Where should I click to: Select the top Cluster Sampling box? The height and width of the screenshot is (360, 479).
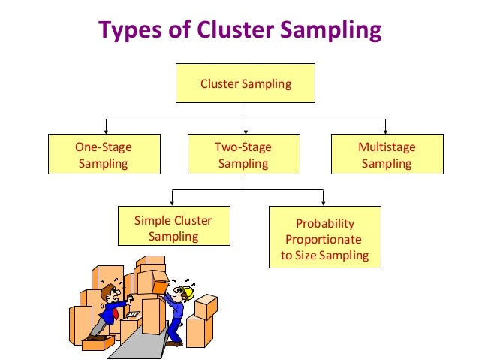(246, 83)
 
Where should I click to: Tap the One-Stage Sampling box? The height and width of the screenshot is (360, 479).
(104, 155)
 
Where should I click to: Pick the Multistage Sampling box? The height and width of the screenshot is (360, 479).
(386, 155)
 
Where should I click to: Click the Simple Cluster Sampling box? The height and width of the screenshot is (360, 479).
(173, 228)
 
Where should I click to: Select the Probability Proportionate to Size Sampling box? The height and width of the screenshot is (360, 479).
(324, 237)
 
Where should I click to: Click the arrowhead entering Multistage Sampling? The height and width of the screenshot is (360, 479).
(386, 131)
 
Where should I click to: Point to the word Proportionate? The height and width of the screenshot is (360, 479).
(324, 240)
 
